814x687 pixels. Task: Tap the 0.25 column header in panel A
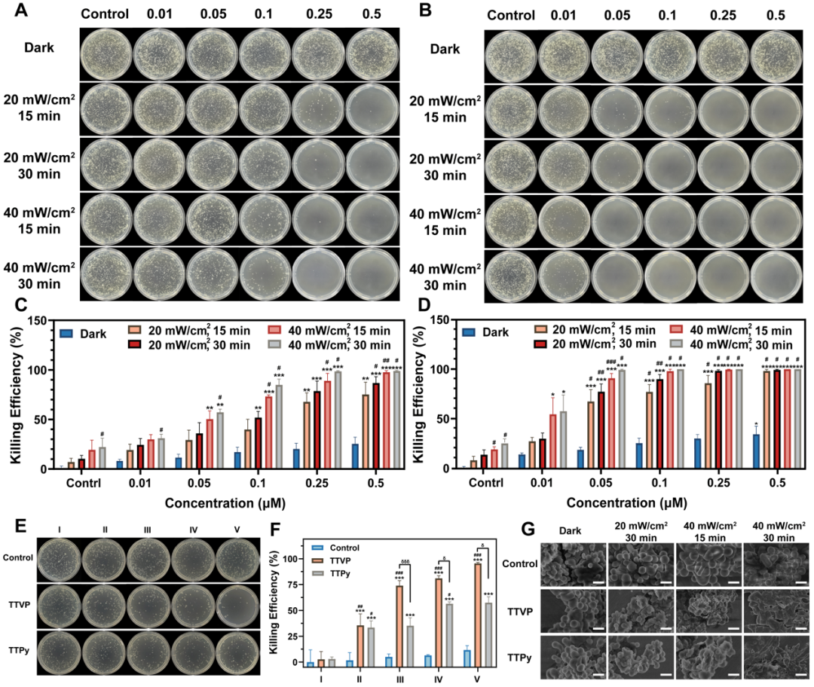(319, 14)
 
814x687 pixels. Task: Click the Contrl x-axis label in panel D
(490, 481)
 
